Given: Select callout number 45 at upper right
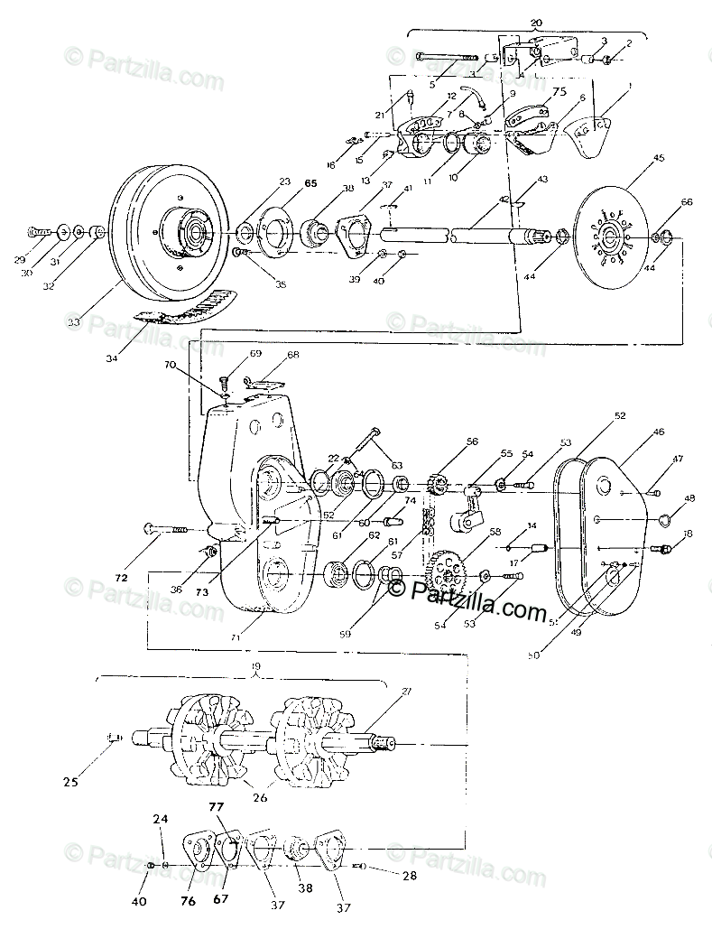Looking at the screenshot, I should click(658, 158).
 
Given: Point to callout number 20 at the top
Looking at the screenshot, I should click(537, 20).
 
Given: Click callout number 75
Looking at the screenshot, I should click(559, 91).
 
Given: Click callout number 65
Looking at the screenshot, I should click(286, 182).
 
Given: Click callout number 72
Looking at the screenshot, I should click(121, 575).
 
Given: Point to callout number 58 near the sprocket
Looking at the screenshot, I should click(495, 534).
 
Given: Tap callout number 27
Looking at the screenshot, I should click(407, 692).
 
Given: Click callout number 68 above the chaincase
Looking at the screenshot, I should click(292, 355).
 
